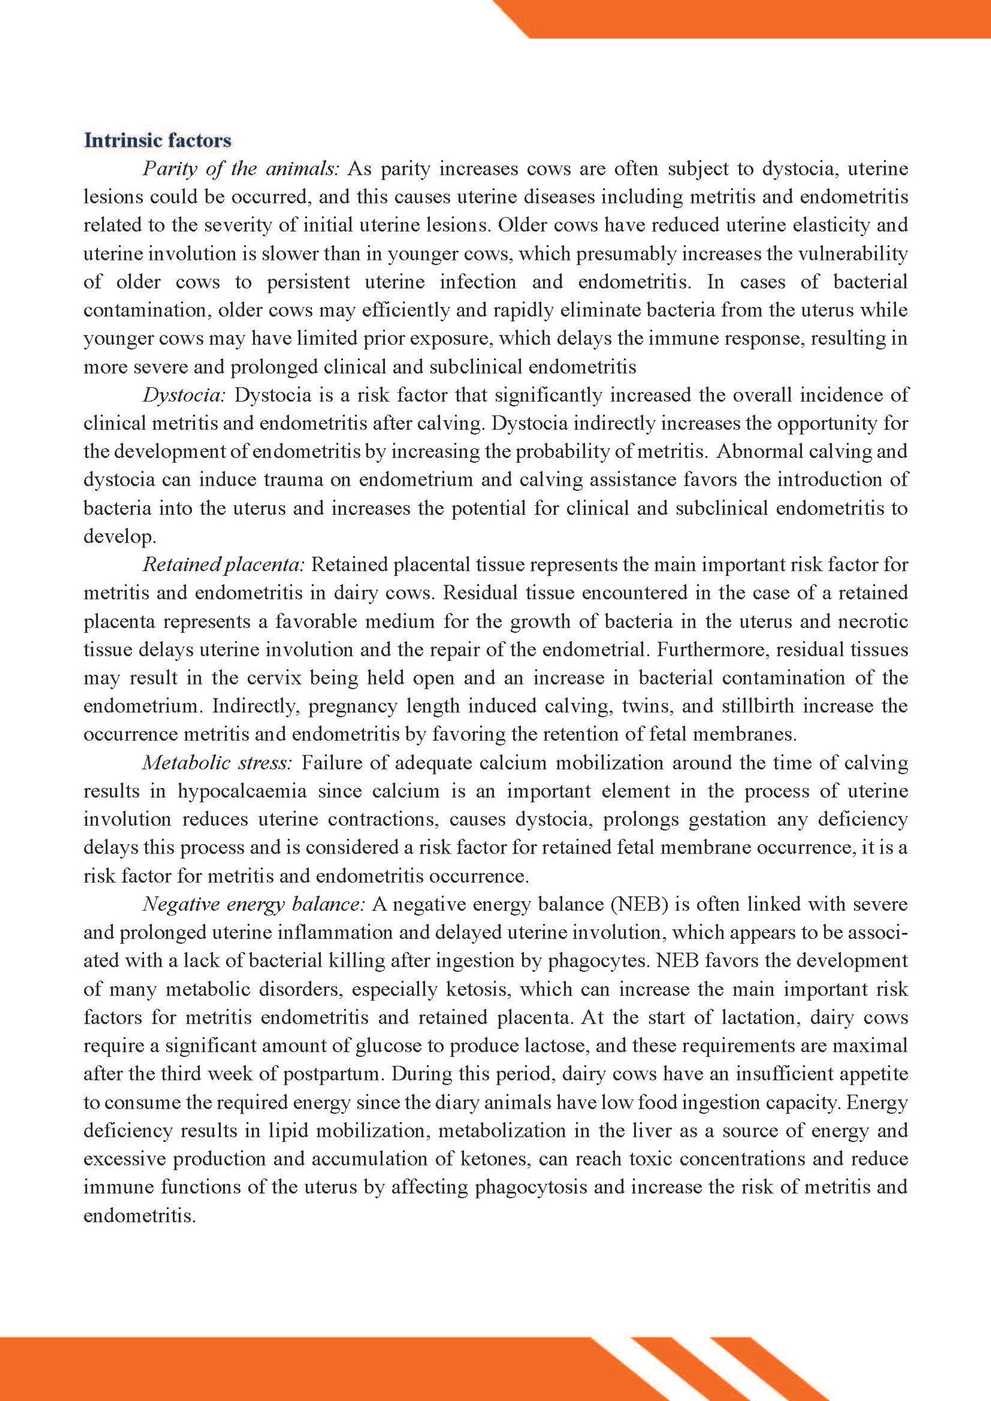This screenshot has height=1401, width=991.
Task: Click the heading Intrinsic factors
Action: pyautogui.click(x=157, y=140)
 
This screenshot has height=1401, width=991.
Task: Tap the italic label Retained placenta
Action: pyautogui.click(x=223, y=565)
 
